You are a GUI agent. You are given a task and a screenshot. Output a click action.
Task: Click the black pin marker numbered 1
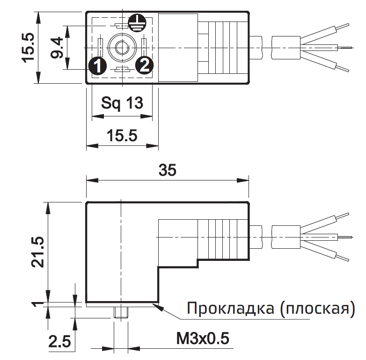tap(97, 65)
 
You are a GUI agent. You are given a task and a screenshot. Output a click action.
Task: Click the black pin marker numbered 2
tap(144, 65)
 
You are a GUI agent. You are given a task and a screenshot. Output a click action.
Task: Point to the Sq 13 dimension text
tap(122, 103)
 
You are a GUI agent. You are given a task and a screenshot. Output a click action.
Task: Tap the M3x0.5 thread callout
tap(203, 338)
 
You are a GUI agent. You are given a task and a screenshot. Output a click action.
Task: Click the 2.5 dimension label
tap(59, 342)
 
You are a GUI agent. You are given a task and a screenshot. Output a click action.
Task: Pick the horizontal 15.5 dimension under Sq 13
tap(122, 136)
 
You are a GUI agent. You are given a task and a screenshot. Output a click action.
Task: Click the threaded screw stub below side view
tap(121, 312)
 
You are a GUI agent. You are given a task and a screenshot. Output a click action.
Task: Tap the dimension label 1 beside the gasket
tap(40, 305)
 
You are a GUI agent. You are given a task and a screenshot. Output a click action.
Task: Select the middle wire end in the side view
tap(344, 237)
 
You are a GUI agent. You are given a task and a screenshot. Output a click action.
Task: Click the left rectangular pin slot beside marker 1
tap(101, 47)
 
